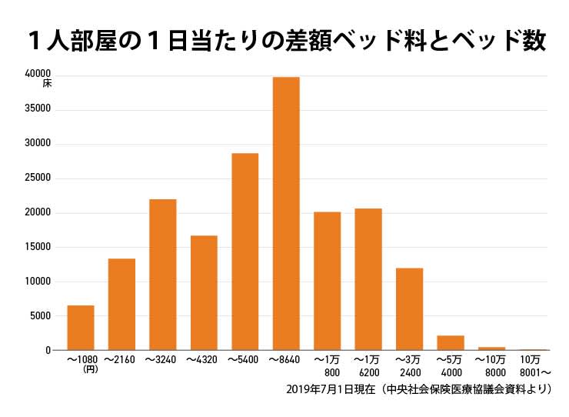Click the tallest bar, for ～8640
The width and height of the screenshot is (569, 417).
(x=286, y=214)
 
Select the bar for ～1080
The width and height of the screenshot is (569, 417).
(x=81, y=328)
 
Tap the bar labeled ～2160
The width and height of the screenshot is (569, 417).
(x=121, y=304)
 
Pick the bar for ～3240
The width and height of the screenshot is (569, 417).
(x=162, y=275)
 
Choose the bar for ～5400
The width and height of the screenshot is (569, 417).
(x=245, y=252)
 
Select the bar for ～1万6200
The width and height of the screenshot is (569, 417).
(x=368, y=279)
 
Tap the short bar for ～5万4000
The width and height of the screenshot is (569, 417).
(x=451, y=343)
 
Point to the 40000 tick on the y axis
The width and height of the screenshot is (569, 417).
(x=37, y=74)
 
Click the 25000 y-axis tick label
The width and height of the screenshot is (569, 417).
(x=37, y=178)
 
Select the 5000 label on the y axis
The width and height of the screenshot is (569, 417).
(x=39, y=316)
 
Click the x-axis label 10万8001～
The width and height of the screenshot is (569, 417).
(x=533, y=365)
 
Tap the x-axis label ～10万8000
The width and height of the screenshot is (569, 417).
(x=491, y=365)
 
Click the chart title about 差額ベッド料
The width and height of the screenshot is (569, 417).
(x=284, y=41)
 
